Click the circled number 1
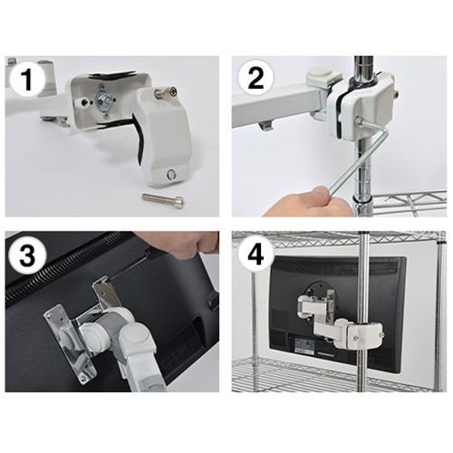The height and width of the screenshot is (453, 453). click(x=27, y=80)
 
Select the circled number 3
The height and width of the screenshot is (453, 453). click(x=27, y=255)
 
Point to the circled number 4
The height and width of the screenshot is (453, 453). click(x=256, y=255)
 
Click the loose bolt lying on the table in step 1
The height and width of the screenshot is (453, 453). click(x=163, y=198)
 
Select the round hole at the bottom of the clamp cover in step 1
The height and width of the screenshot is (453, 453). click(x=172, y=174)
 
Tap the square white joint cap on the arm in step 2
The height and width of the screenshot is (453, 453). click(x=323, y=77)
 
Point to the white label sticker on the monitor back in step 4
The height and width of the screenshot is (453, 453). click(x=306, y=344)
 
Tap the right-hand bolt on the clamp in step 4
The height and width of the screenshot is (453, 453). click(x=382, y=333)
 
